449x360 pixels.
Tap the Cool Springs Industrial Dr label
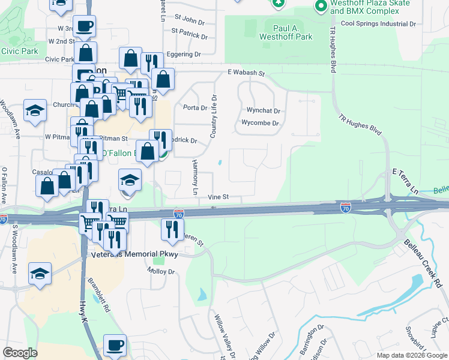pos(378,24)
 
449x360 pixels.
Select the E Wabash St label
pos(246,73)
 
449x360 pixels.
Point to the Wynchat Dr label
pos(264,110)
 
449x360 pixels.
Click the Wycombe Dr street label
pos(260,123)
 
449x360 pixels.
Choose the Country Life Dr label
pos(213,116)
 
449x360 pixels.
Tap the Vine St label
pos(218,197)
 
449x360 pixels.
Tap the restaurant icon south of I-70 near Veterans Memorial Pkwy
pos(172,228)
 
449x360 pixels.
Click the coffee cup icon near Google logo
pos(115,344)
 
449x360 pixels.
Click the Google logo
pos(20,353)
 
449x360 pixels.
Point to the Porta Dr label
pos(194,108)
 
